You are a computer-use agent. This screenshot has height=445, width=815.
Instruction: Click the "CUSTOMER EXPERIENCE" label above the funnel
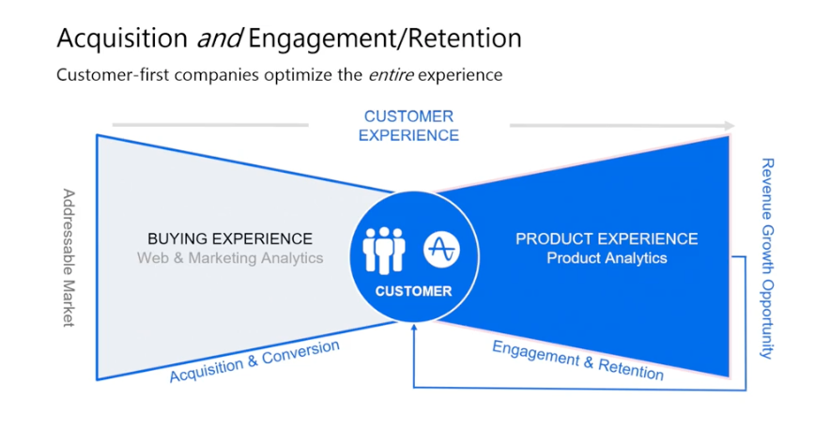(408, 126)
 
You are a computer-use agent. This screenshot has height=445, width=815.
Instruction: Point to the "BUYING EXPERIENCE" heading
(229, 238)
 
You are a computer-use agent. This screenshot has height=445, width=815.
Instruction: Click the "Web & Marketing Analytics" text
(230, 258)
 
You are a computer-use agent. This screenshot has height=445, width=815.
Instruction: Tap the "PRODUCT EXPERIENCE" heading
(607, 238)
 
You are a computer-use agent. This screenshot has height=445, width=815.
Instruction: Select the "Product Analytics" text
(607, 258)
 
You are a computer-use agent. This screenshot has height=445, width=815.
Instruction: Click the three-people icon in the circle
(384, 250)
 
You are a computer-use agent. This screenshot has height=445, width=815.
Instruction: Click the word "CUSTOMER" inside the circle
(413, 291)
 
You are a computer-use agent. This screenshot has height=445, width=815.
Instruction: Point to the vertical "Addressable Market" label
(69, 257)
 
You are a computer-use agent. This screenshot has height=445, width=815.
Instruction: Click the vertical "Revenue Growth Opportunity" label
(767, 258)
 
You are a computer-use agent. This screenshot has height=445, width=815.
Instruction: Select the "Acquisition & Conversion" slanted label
(254, 361)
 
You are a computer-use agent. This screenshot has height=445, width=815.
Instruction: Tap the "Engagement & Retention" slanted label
(577, 361)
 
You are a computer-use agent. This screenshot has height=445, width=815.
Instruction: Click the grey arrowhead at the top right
(729, 125)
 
